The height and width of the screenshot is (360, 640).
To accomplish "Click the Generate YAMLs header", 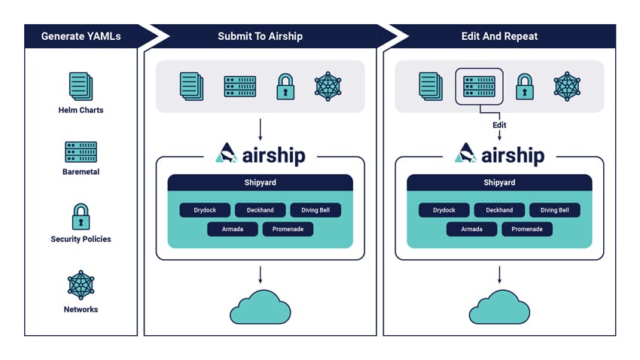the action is coord(81,36).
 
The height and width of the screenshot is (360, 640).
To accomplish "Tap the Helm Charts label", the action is coord(81,110).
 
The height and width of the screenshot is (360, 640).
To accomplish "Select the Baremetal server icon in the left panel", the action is coord(81,152).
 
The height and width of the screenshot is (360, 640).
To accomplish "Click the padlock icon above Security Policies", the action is coord(81,217).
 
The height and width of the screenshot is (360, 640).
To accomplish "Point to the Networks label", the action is coord(81,310).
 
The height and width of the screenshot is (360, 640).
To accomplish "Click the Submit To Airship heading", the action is coord(260,36).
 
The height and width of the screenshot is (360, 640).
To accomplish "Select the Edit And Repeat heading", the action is coord(499,36).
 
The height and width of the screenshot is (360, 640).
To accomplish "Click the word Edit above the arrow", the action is coord(499,125).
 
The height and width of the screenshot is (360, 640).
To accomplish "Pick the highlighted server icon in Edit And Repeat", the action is coord(479,87).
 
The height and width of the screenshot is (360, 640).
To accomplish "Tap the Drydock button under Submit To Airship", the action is coord(205,210).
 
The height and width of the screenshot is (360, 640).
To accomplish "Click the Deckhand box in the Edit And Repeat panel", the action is coord(499,210).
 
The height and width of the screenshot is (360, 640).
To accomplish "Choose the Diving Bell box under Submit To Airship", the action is coord(315,210).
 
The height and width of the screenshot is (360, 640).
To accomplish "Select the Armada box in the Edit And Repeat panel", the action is coord(472,230).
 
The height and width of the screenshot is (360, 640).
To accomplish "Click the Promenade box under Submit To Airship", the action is coord(288,230).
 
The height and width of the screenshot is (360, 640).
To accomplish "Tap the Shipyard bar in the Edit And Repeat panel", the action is coord(499,182).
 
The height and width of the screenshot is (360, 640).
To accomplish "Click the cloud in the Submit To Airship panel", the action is coord(261,308).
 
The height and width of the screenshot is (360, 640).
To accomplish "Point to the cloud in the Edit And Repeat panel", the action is coord(500,308).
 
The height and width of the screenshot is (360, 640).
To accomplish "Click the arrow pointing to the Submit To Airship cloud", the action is coord(260,275).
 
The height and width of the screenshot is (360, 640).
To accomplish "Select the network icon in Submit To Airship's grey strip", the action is coord(328,87).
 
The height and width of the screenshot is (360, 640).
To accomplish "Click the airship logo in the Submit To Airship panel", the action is coord(261,154).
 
